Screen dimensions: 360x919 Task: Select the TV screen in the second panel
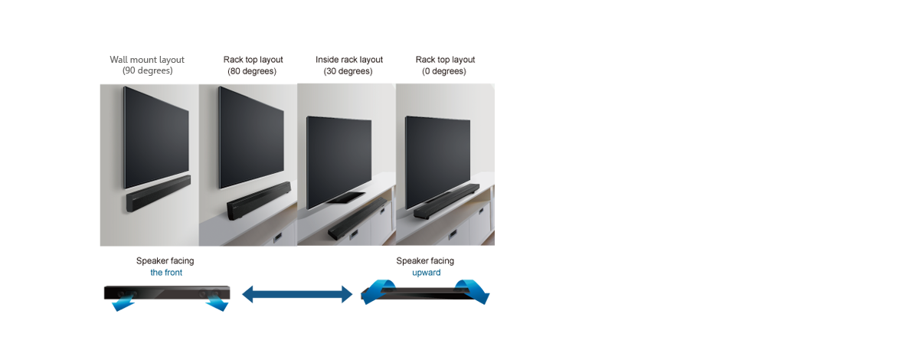251,136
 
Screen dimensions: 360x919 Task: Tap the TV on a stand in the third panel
338,161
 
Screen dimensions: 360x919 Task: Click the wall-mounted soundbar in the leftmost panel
158,193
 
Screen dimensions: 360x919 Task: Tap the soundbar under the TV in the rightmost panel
446,201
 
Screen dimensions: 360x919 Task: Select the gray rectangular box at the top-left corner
146,65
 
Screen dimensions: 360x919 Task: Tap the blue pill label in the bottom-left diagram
166,274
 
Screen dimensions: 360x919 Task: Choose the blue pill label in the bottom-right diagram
420,274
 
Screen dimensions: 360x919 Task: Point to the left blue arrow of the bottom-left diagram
121,303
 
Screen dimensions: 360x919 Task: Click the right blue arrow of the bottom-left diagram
221,302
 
